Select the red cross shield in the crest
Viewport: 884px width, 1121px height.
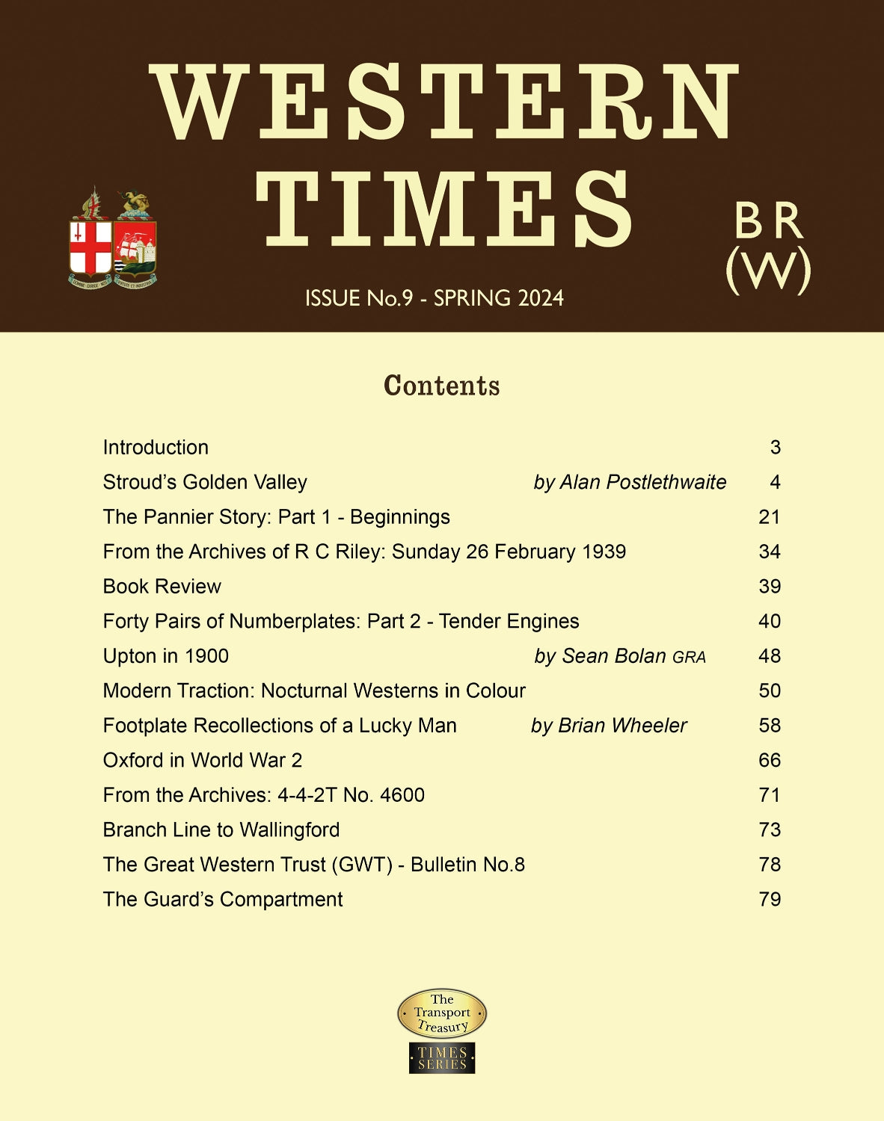(90, 247)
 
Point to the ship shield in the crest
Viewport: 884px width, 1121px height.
(135, 247)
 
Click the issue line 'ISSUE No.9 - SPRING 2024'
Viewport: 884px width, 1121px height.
(434, 298)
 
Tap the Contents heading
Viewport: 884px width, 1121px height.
(441, 386)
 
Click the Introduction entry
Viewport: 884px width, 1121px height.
(156, 447)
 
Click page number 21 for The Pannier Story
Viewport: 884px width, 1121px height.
(769, 517)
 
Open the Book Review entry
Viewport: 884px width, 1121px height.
(162, 587)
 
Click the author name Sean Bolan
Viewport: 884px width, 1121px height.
(613, 656)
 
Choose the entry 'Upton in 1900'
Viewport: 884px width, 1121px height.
(165, 656)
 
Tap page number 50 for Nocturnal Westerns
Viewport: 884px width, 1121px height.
(769, 691)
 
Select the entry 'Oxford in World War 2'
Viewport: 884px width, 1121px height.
(202, 760)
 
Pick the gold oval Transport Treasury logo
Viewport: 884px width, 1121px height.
(442, 1013)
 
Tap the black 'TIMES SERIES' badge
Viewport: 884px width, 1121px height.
(442, 1058)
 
